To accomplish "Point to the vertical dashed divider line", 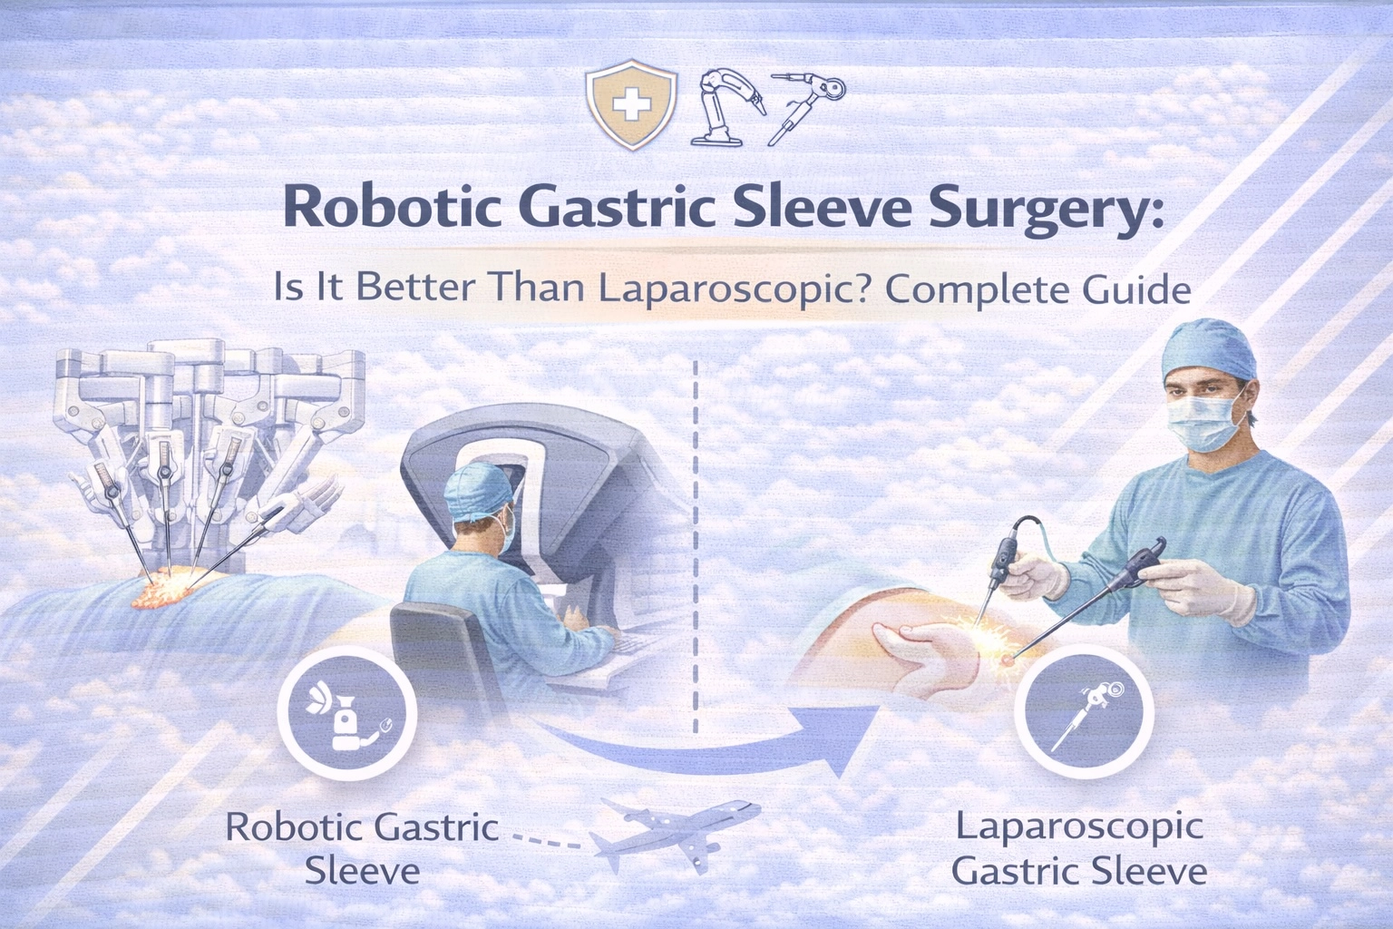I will point(696,544).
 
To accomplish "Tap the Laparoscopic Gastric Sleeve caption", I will point(1079,848).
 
